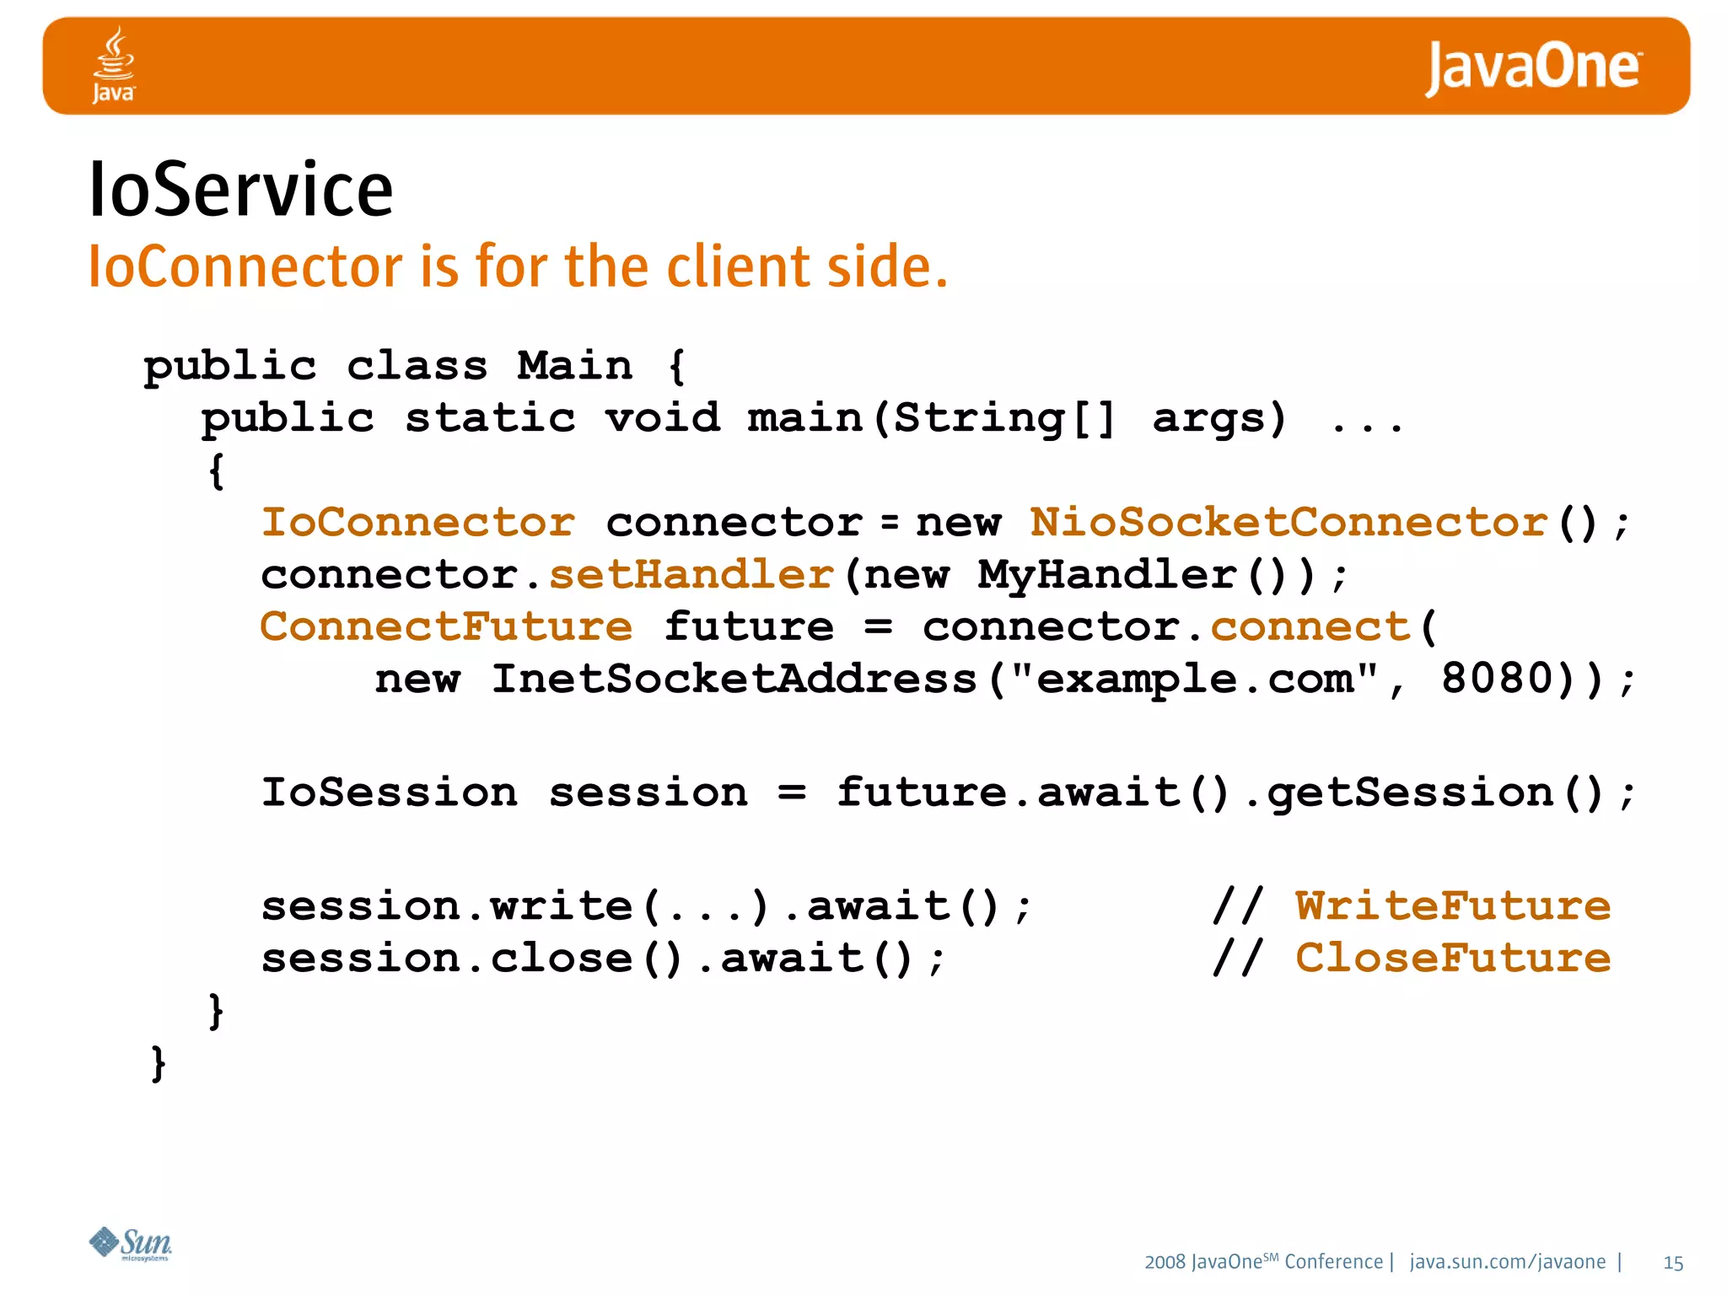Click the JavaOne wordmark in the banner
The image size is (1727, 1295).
[x=1532, y=67]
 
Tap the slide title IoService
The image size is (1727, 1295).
[x=240, y=190]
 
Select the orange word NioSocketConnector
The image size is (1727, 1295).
[x=1289, y=523]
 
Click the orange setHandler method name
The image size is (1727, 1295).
[x=691, y=575]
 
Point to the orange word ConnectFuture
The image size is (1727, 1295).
[x=446, y=627]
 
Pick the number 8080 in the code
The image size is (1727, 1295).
[x=1497, y=679]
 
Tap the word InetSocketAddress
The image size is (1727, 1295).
[x=734, y=679]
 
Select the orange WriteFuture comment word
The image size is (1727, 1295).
[x=1452, y=906]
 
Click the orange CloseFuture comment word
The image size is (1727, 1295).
[x=1452, y=959]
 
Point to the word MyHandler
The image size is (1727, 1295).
[x=1107, y=575]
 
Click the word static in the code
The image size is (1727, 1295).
[x=490, y=419]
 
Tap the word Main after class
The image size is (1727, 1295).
[x=574, y=367]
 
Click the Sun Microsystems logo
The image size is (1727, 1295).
[x=131, y=1244]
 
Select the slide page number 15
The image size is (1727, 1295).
[x=1673, y=1263]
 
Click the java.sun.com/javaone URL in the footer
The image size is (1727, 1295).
[x=1508, y=1262]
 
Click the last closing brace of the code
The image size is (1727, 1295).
[x=158, y=1064]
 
